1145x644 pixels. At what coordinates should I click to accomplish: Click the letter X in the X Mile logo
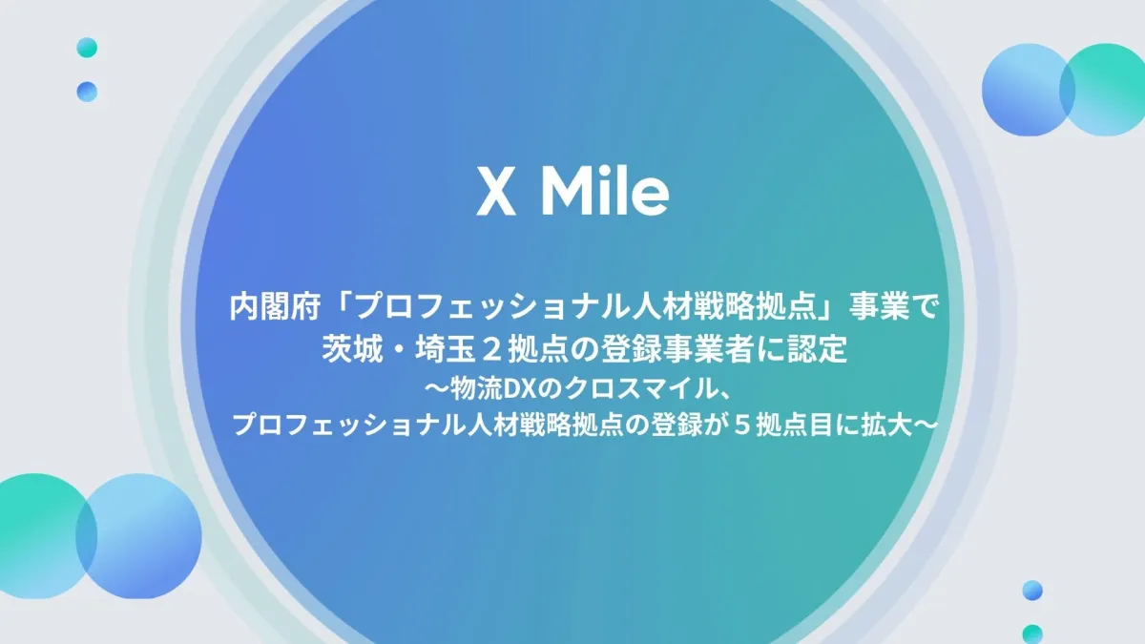[495, 193]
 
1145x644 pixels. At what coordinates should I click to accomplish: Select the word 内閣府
[275, 307]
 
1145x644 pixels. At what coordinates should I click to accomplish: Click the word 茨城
[352, 349]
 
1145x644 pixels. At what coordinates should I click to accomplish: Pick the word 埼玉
[446, 349]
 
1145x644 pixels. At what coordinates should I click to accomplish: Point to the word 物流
[476, 389]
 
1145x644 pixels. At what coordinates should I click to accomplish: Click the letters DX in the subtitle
[518, 390]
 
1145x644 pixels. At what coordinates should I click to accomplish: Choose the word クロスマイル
[638, 389]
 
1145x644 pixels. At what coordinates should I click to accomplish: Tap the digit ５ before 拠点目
[740, 426]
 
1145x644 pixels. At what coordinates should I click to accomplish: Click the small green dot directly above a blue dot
[87, 48]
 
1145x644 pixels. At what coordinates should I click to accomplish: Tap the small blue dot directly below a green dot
[87, 92]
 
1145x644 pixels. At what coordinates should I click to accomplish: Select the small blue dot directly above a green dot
[1032, 591]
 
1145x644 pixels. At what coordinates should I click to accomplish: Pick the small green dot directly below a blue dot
[1032, 634]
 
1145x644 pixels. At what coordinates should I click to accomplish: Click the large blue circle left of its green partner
[1028, 90]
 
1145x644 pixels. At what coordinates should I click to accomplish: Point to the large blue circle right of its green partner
[138, 536]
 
